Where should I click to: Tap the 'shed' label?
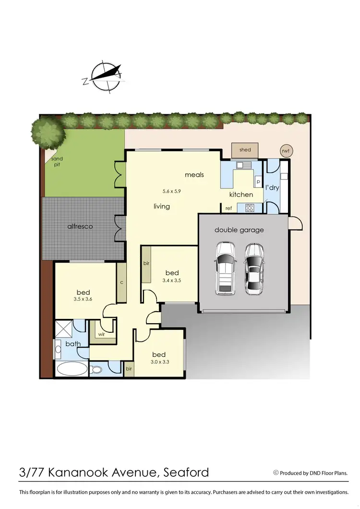(245, 150)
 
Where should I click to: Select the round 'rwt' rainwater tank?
(287, 151)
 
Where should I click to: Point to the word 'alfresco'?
(80, 226)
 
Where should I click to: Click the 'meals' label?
(194, 175)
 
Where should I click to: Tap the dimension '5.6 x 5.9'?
(171, 191)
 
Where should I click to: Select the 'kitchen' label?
(241, 194)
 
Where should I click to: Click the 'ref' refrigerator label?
(228, 208)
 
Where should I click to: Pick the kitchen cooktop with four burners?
(250, 208)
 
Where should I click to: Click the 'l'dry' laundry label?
(272, 187)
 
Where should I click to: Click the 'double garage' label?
(239, 230)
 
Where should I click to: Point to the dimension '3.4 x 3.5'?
(172, 280)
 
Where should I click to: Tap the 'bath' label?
(73, 344)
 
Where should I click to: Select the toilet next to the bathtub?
(96, 370)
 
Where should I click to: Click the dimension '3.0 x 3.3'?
(159, 362)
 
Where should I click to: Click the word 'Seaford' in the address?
(185, 472)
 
